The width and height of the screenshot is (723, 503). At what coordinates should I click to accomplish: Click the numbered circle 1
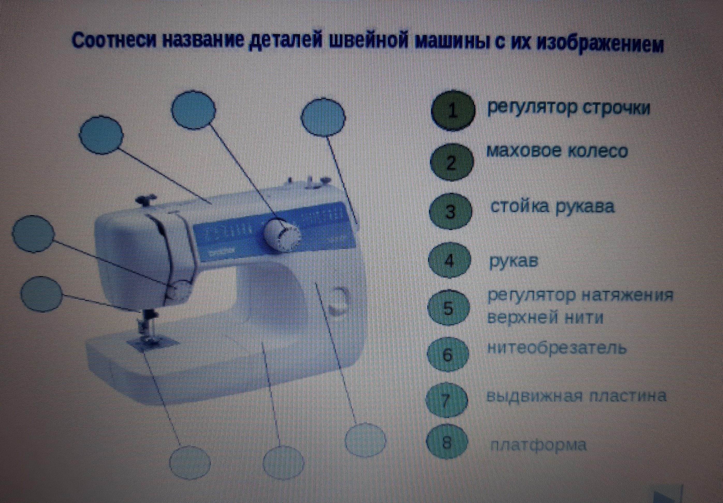coord(453,110)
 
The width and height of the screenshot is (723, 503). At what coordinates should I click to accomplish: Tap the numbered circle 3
coord(451,211)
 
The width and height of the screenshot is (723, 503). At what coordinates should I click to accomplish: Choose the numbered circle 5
coord(448,308)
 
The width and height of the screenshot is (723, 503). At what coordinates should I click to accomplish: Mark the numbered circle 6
coord(447,355)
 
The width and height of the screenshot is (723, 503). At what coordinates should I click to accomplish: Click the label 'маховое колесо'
coord(557,151)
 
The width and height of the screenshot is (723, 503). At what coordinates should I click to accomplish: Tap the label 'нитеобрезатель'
coord(556,349)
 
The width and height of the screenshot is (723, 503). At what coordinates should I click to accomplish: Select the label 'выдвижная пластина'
coord(576,396)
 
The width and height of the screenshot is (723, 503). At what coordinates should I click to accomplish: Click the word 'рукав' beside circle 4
coord(513,261)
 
